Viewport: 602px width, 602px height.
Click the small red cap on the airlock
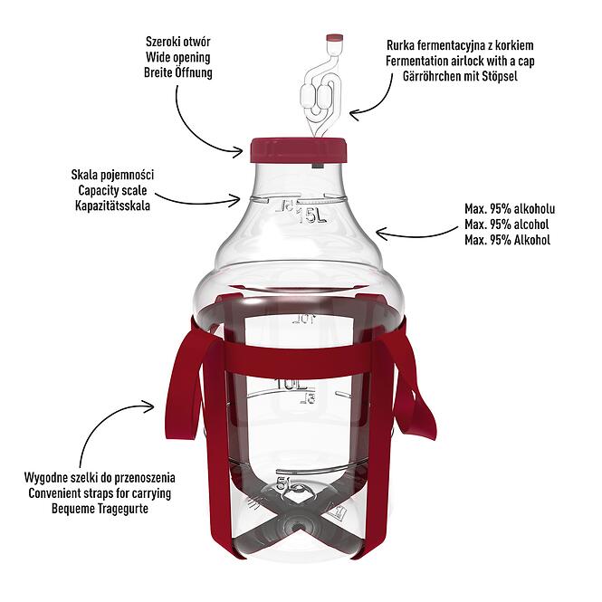(335, 38)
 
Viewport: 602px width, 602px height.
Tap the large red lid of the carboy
(299, 149)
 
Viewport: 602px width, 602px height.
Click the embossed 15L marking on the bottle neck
(312, 216)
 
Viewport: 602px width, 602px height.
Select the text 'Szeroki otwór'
(177, 42)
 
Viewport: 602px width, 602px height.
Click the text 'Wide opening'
(177, 57)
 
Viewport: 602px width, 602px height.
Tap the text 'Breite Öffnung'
(177, 72)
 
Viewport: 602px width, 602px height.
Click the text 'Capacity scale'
(112, 190)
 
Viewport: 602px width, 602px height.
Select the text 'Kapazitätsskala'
(112, 205)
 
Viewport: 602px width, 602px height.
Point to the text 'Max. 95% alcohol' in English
(506, 225)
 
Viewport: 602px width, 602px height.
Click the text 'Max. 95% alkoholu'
(510, 209)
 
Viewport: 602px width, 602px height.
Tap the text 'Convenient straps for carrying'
(100, 493)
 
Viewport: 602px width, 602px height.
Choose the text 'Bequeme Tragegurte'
(100, 509)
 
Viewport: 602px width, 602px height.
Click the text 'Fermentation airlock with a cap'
(460, 61)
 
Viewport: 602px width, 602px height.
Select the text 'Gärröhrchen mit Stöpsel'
(460, 76)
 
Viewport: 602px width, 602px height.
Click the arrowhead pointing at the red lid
(239, 152)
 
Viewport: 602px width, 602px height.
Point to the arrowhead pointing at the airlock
(354, 114)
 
